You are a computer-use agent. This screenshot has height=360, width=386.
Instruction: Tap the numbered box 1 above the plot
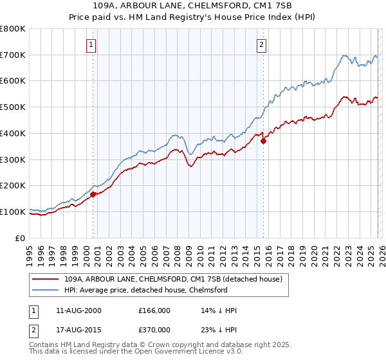(91, 45)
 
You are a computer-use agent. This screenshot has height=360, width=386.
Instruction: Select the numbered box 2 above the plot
(262, 45)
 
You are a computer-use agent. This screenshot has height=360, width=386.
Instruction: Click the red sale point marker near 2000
(93, 194)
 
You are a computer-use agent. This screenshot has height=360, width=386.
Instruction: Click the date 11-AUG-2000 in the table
(78, 310)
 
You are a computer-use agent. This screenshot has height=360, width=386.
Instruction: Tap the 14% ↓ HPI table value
(219, 310)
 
